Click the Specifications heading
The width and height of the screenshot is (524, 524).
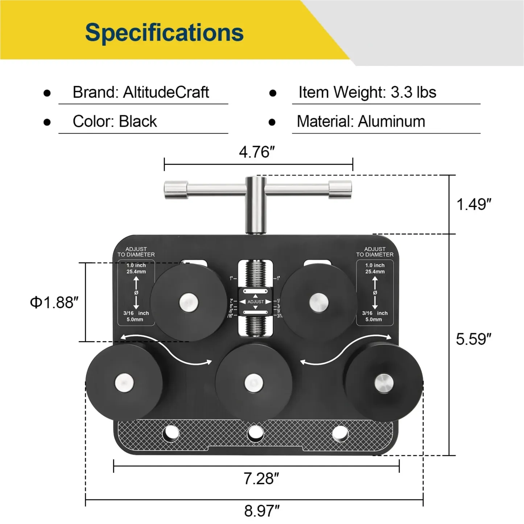coord(164,33)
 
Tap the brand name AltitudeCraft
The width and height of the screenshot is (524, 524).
coord(166,92)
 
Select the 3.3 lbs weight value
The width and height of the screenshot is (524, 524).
coord(413,92)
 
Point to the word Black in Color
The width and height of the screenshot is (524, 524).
coord(138,121)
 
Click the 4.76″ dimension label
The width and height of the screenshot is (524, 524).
coord(257,152)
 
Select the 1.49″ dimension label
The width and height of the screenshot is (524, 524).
coord(474,205)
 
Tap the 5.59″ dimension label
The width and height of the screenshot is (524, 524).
coord(474,339)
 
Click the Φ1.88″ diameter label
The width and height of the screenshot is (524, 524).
coord(54,302)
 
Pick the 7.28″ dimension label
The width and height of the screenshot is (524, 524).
coord(261,479)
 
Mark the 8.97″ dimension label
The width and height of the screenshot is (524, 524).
coord(261,511)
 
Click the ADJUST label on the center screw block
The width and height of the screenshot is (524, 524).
coord(256,302)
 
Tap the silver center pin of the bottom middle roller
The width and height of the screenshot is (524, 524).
coord(253,383)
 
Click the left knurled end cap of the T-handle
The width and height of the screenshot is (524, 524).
coord(176,190)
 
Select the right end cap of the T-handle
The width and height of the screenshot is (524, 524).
coord(340,190)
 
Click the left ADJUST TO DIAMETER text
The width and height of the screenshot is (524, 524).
coord(136,252)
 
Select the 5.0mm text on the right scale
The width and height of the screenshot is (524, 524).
coord(374,319)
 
